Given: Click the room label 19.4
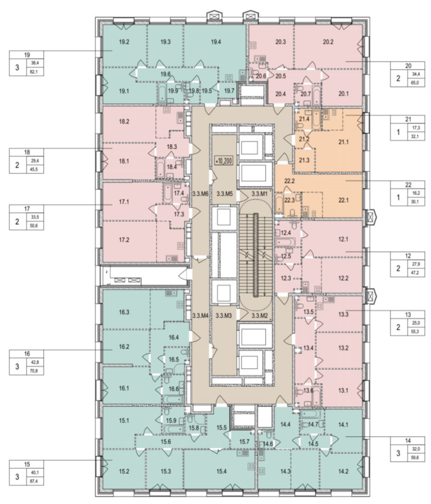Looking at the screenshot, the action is tap(216, 42).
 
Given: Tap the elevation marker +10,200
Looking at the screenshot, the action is tap(223, 161).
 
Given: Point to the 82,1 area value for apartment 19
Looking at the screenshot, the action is tap(35, 72).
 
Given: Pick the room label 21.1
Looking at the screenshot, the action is tap(343, 142).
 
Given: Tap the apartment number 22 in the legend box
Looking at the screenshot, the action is tap(408, 185).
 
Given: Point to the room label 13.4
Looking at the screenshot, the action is tap(308, 348).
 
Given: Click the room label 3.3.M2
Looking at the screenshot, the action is tap(260, 316).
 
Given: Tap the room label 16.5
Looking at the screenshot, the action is tap(174, 359).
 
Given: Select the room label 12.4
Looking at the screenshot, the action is tap(286, 233).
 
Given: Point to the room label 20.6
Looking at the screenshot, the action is tap(261, 76).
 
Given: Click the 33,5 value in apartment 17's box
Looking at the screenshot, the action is tap(35, 217).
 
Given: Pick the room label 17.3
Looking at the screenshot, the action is tap(179, 215).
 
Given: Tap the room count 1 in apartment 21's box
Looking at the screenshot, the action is tap(398, 132).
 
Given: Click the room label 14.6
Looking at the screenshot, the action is tap(268, 444).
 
